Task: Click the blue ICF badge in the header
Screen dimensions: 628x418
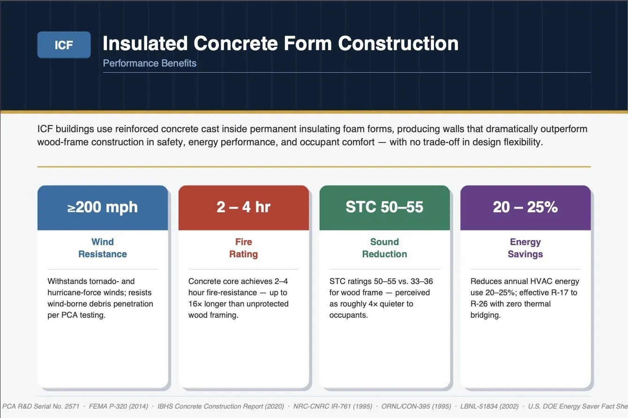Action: click(x=64, y=45)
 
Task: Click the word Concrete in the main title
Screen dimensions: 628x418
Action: click(x=235, y=44)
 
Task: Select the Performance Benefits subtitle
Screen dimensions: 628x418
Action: click(x=150, y=63)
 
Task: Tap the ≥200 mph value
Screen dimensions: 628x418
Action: click(x=103, y=207)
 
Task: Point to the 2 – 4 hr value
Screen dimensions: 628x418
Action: click(x=243, y=207)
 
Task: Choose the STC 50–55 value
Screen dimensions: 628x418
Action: click(x=384, y=207)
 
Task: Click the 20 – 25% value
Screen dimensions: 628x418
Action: click(x=525, y=207)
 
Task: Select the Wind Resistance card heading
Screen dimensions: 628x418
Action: click(x=103, y=248)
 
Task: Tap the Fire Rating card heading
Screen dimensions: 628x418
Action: click(x=243, y=248)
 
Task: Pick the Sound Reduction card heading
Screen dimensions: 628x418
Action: click(x=384, y=248)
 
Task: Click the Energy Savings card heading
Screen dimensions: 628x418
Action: click(x=525, y=248)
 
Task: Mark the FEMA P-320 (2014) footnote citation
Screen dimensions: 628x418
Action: click(x=118, y=406)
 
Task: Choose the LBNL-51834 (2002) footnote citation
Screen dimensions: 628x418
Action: click(x=489, y=406)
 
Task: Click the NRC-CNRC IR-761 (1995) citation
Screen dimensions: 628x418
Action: click(x=333, y=406)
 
